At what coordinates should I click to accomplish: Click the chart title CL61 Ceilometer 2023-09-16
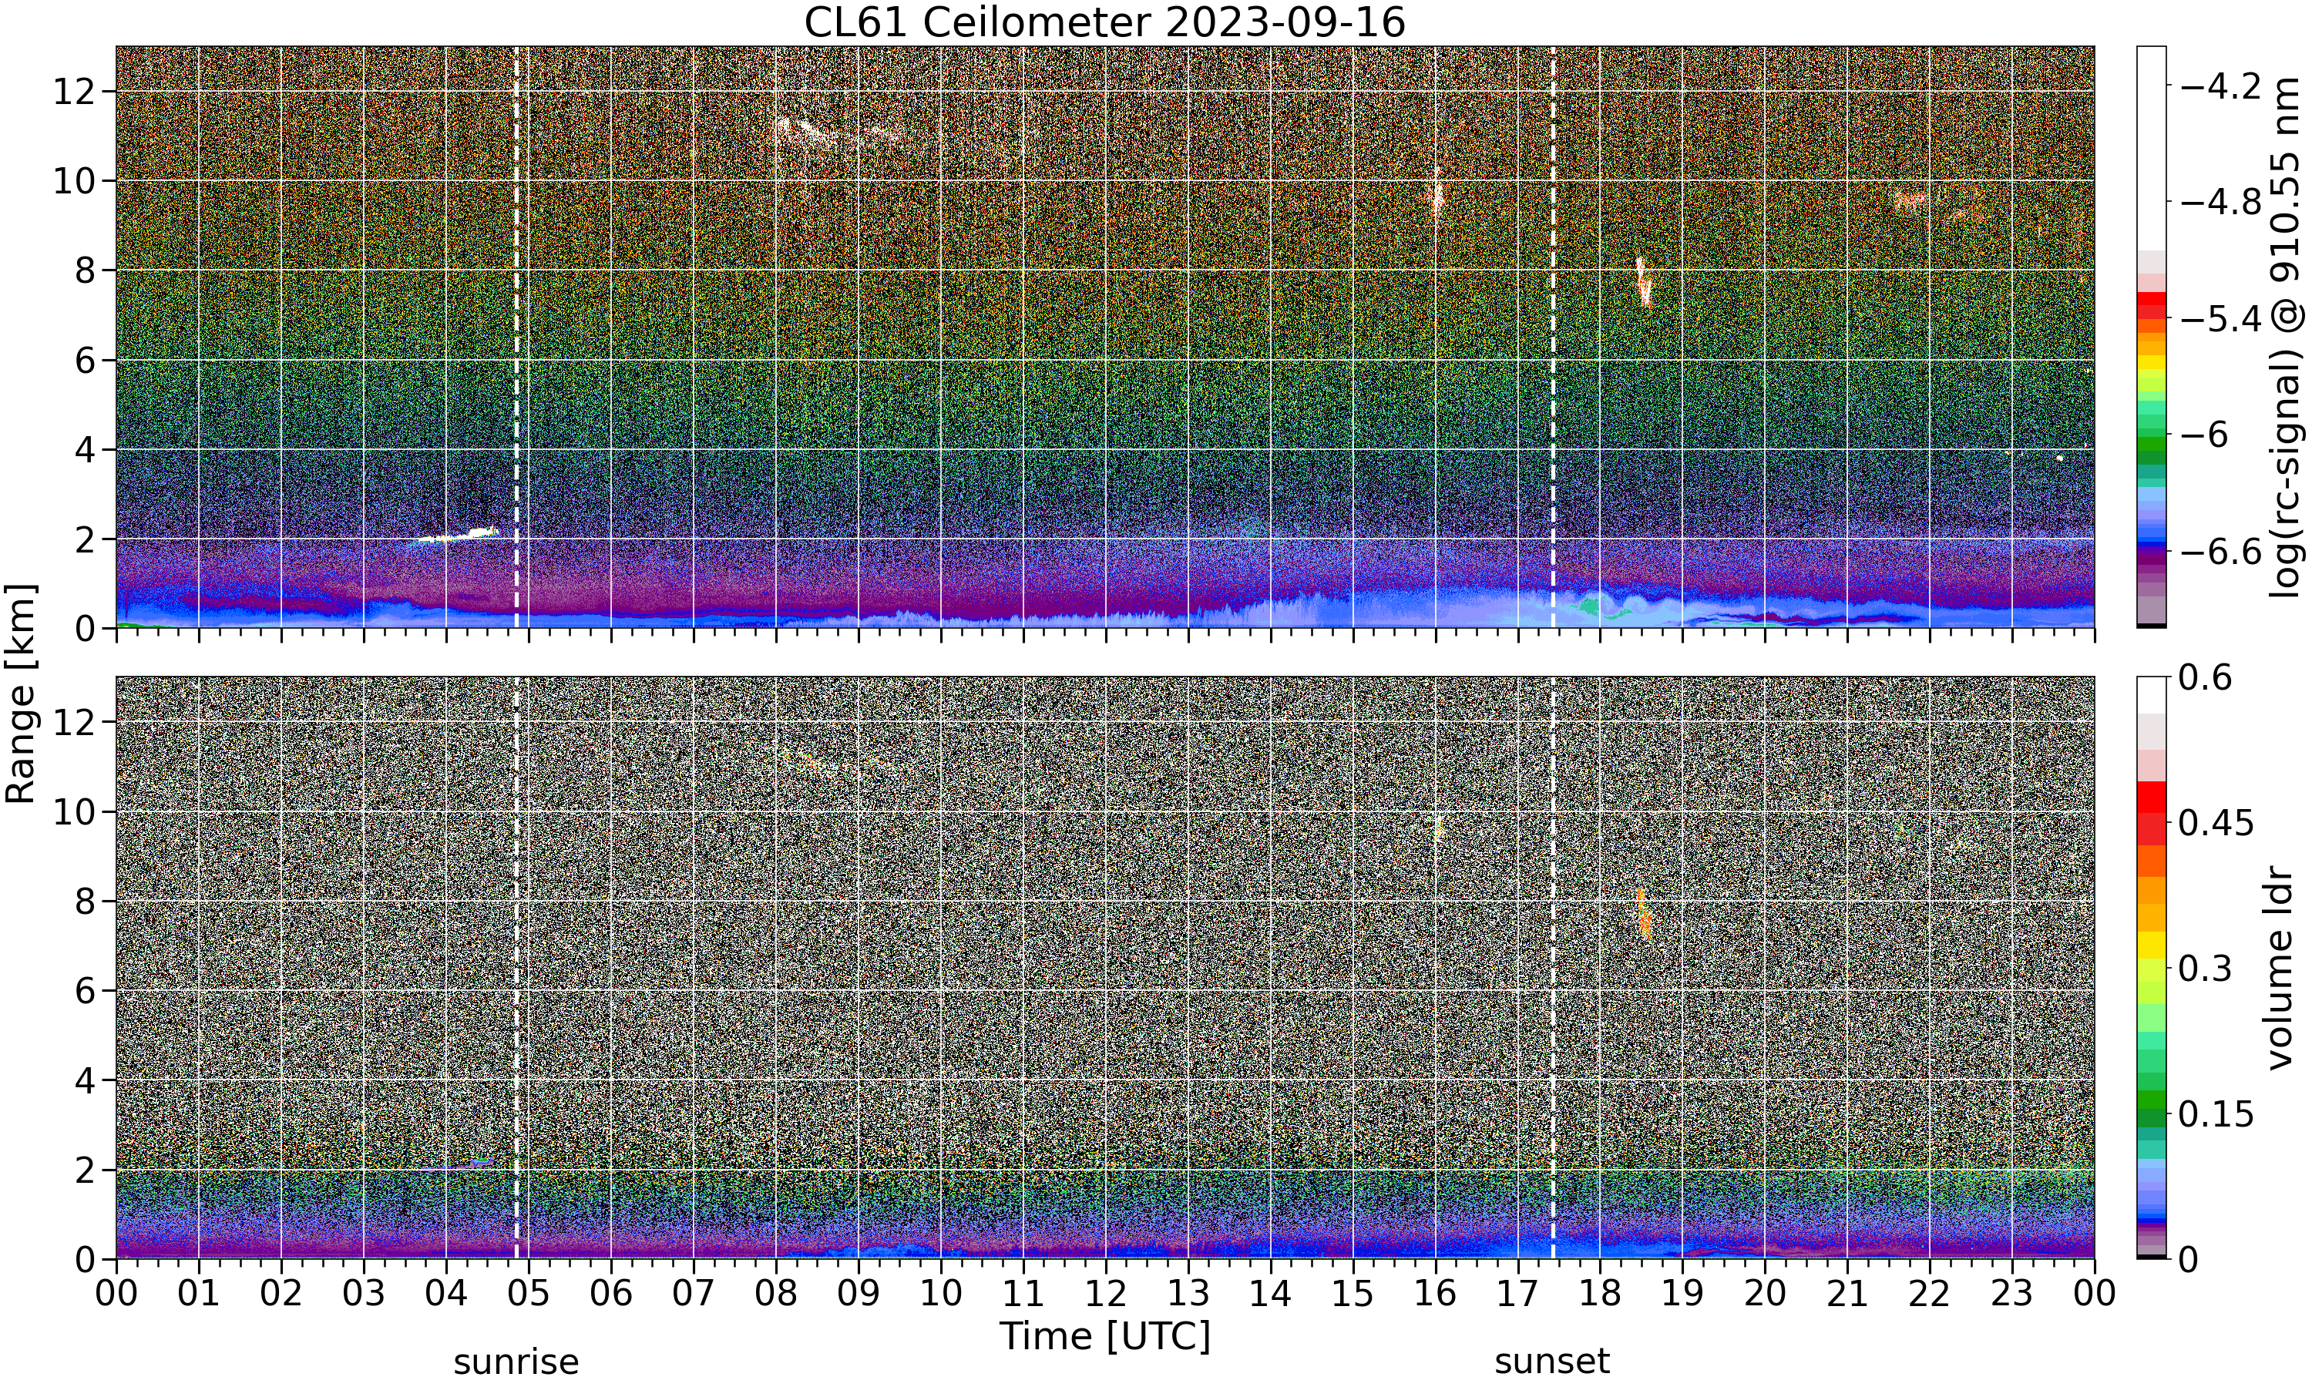(1104, 22)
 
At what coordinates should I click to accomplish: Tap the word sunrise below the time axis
(516, 1362)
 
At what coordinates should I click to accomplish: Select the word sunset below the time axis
(1552, 1362)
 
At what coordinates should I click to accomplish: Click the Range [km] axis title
(21, 693)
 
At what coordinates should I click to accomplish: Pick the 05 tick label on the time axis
(528, 1295)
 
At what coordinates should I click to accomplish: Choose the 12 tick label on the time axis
(1106, 1295)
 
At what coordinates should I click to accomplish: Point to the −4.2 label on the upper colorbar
(2220, 87)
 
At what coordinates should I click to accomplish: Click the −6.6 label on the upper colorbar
(2220, 552)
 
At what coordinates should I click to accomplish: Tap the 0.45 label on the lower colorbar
(2216, 824)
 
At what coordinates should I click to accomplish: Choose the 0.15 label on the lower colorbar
(2216, 1114)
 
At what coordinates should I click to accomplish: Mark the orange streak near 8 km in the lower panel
(1644, 913)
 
